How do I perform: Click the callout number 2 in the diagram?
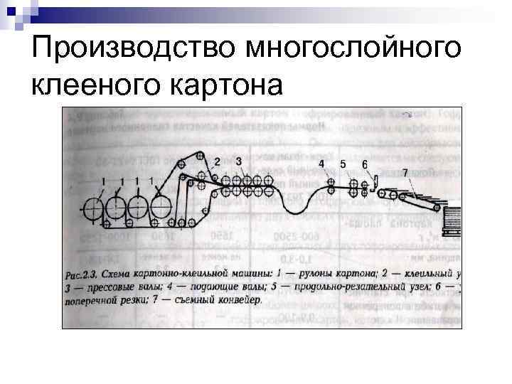(x=216, y=160)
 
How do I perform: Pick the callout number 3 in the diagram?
(x=238, y=160)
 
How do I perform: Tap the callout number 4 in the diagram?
(x=321, y=164)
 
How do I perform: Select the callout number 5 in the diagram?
(x=343, y=164)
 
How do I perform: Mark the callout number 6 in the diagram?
(x=365, y=165)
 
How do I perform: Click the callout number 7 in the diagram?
(x=405, y=173)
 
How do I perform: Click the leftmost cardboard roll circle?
(x=92, y=210)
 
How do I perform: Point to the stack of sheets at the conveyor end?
(x=450, y=220)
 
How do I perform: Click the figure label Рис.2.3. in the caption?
(x=82, y=274)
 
